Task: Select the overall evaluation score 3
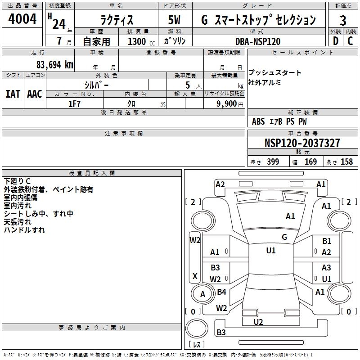343,20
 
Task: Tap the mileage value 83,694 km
54,64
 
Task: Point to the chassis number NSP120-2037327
302,143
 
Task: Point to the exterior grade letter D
335,41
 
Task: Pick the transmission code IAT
13,94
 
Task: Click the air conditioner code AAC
35,94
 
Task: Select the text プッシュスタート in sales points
275,73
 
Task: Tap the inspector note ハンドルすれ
24,230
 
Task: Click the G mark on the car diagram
284,237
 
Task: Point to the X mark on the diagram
195,276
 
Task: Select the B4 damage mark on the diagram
221,292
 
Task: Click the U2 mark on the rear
258,322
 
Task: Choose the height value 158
346,162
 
